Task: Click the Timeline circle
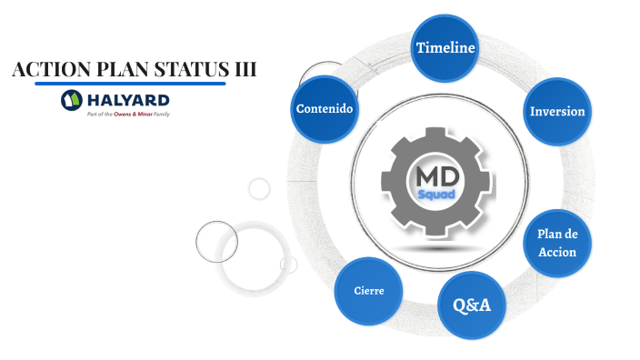pos(445,47)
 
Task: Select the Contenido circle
pos(325,109)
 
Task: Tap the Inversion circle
pos(557,112)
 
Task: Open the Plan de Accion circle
pos(557,243)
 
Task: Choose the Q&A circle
pos(472,305)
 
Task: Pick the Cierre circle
pos(369,291)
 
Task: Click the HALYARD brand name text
pos(128,99)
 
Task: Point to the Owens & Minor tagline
pos(128,115)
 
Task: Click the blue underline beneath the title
pos(130,84)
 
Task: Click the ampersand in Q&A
pos(472,305)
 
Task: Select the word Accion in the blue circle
pos(557,252)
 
